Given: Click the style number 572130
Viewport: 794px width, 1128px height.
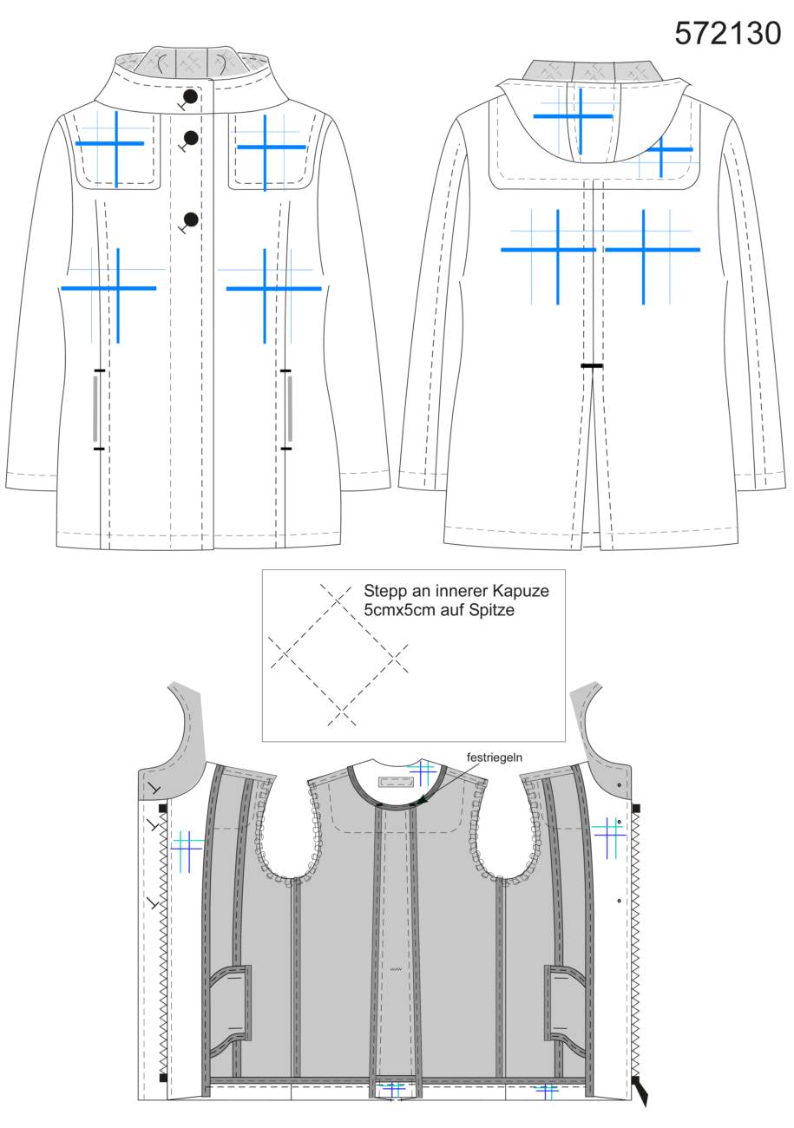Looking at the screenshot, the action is (x=727, y=33).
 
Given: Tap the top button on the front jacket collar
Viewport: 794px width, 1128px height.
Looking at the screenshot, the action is (x=190, y=96).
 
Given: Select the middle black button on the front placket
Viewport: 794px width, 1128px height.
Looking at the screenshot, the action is (x=190, y=137).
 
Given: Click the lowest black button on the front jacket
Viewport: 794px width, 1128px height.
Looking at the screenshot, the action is (x=190, y=220).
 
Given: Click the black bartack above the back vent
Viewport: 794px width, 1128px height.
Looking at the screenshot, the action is (x=592, y=365).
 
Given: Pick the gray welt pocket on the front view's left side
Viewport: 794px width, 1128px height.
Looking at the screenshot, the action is (x=95, y=409).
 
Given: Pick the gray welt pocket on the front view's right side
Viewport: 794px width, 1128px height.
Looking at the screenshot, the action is (x=290, y=409).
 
